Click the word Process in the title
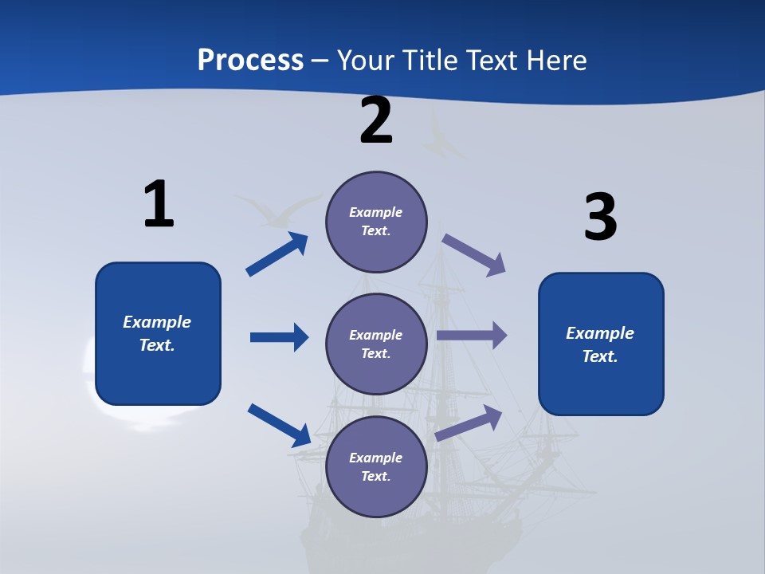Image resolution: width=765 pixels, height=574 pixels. (250, 60)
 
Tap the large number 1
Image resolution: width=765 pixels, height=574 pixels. (159, 205)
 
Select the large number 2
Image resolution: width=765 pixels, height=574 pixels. (376, 121)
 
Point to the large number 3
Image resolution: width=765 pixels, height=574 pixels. (600, 218)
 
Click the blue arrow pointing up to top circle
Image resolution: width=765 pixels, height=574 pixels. (277, 254)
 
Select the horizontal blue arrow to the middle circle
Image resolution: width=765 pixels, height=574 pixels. (279, 337)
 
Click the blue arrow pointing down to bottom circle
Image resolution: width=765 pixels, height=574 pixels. (279, 424)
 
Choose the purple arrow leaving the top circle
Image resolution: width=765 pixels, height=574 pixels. (474, 254)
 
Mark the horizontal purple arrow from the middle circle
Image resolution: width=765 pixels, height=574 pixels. (472, 336)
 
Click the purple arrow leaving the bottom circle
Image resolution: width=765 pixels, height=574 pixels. (469, 423)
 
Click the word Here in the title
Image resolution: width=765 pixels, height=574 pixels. (555, 60)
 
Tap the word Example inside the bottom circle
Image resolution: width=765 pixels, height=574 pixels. (375, 458)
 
